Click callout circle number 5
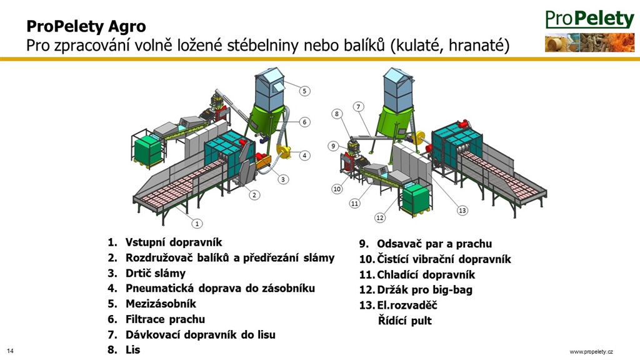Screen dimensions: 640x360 pyautogui.click(x=304, y=91)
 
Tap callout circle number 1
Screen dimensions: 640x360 pyautogui.click(x=197, y=223)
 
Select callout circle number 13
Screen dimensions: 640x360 pyautogui.click(x=462, y=210)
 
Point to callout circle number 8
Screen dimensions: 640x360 pyautogui.click(x=337, y=114)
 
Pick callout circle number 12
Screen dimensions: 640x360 pyautogui.click(x=380, y=217)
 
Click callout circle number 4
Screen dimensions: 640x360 pyautogui.click(x=304, y=155)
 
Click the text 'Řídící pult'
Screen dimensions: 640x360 pyautogui.click(x=404, y=321)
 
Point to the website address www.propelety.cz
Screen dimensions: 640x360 pyautogui.click(x=591, y=351)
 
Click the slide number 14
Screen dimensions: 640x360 pyautogui.click(x=10, y=351)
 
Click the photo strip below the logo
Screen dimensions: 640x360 pyautogui.click(x=589, y=42)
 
